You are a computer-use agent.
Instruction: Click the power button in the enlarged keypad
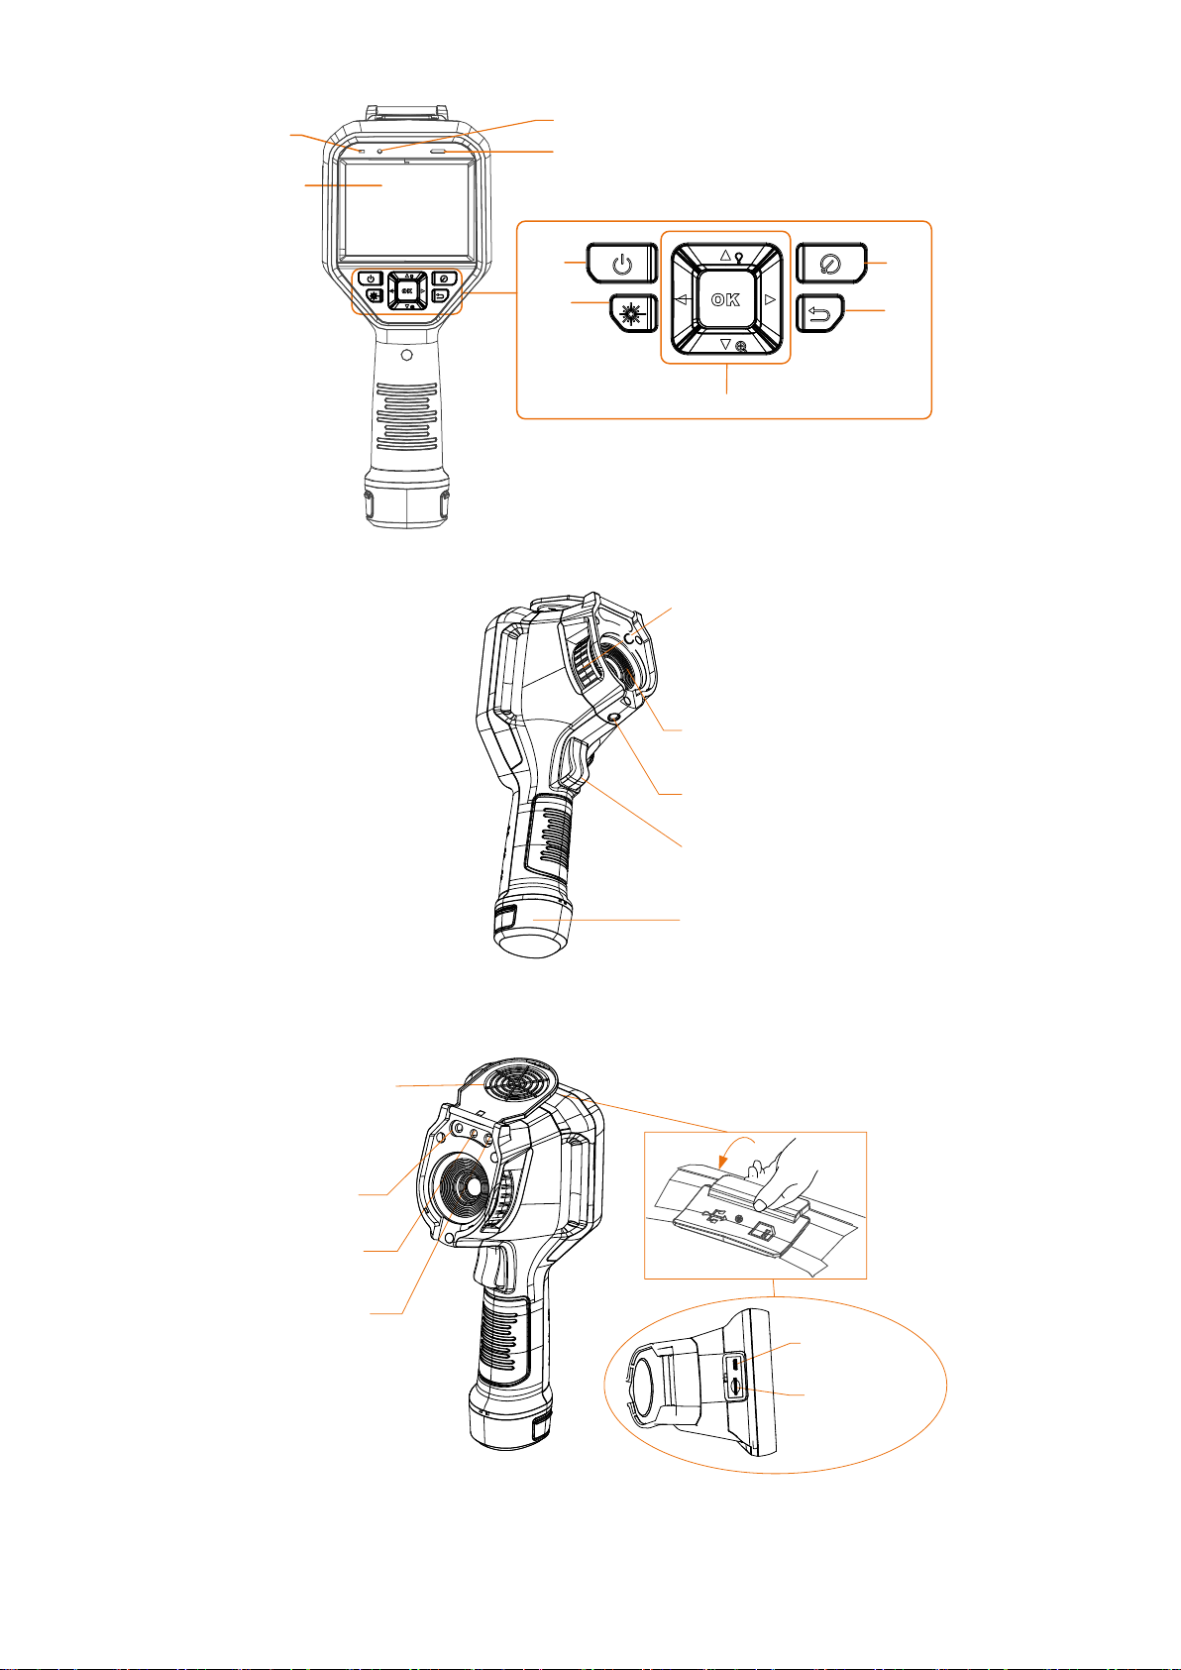(622, 263)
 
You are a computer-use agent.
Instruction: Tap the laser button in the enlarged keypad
(633, 313)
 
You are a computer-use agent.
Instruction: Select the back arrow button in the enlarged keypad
(819, 313)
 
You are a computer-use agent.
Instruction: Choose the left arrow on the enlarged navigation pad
(682, 299)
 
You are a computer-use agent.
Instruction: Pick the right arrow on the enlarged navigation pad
(771, 299)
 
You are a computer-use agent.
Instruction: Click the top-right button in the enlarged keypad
(831, 263)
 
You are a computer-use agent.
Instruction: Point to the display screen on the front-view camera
(407, 208)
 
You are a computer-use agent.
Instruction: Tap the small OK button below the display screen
(407, 290)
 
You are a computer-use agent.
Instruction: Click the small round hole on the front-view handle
(406, 355)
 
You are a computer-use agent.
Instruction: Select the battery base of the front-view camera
(407, 499)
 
